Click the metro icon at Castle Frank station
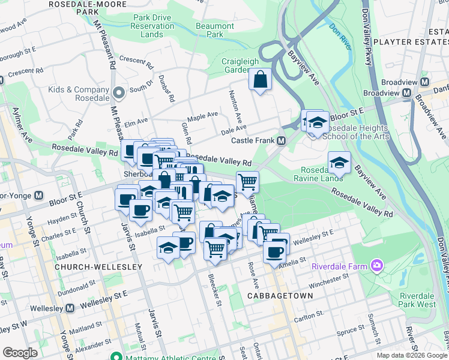pyautogui.click(x=280, y=140)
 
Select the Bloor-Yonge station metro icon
pyautogui.click(x=39, y=196)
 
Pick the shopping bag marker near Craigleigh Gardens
pyautogui.click(x=260, y=80)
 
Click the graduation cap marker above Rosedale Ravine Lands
pyautogui.click(x=339, y=163)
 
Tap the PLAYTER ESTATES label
pyautogui.click(x=410, y=42)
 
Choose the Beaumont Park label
pyautogui.click(x=215, y=30)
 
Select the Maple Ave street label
pyautogui.click(x=202, y=116)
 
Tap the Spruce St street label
pyautogui.click(x=348, y=331)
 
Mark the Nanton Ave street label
pyautogui.click(x=234, y=104)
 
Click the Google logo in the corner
pyautogui.click(x=20, y=353)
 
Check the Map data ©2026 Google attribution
pyautogui.click(x=411, y=355)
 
